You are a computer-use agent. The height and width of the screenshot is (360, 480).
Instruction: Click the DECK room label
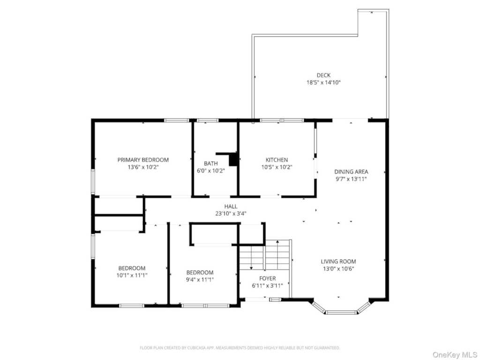pyautogui.click(x=323, y=75)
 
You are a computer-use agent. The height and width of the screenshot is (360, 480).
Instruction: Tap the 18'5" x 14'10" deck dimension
pyautogui.click(x=323, y=82)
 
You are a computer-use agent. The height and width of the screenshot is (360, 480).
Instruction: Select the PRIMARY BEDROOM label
pyautogui.click(x=143, y=160)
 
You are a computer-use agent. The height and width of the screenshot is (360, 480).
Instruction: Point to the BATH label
pyautogui.click(x=211, y=164)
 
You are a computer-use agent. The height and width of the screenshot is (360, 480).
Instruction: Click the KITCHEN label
pyautogui.click(x=277, y=160)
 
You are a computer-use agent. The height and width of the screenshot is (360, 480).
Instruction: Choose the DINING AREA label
pyautogui.click(x=351, y=172)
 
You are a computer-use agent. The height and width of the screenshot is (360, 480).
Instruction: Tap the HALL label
pyautogui.click(x=231, y=206)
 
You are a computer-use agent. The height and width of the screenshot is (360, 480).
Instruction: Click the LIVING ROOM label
pyautogui.click(x=338, y=262)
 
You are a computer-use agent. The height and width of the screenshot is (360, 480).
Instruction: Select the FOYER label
pyautogui.click(x=268, y=278)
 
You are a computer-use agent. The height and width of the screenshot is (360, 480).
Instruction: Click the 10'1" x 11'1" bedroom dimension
pyautogui.click(x=132, y=275)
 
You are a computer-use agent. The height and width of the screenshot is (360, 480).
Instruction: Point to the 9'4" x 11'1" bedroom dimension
pyautogui.click(x=200, y=279)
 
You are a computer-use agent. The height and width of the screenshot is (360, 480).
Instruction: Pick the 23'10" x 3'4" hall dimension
pyautogui.click(x=231, y=214)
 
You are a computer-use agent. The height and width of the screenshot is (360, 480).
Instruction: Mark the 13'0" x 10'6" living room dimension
pyautogui.click(x=338, y=269)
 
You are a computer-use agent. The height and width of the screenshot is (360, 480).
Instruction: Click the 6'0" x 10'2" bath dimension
pyautogui.click(x=211, y=171)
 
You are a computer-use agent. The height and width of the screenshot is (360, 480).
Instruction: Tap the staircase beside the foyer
pyautogui.click(x=264, y=255)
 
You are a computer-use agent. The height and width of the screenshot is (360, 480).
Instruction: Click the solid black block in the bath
pyautogui.click(x=233, y=159)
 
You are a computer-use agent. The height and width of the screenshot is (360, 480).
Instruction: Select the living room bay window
pyautogui.click(x=341, y=307)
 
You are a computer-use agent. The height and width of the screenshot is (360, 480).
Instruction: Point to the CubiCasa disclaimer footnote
pyautogui.click(x=240, y=348)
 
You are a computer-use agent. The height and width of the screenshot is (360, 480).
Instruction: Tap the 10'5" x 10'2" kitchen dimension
pyautogui.click(x=277, y=167)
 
